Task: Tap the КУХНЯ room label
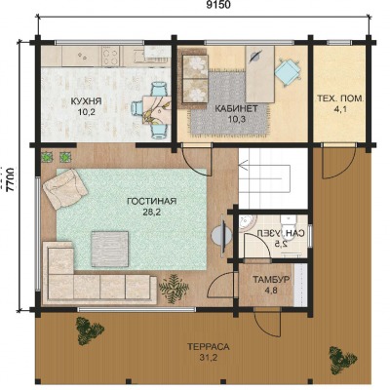86,101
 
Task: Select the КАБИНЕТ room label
237,108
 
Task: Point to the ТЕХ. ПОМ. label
340,98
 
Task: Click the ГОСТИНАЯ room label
152,201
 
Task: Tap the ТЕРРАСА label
209,347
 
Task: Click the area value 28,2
152,213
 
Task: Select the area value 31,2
209,358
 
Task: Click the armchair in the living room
64,188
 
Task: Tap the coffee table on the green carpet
110,249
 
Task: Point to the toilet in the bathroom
289,223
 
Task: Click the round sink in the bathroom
248,222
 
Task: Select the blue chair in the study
288,72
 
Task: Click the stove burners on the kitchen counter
110,56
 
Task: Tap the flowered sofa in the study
194,79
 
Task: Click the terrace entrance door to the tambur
266,323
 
